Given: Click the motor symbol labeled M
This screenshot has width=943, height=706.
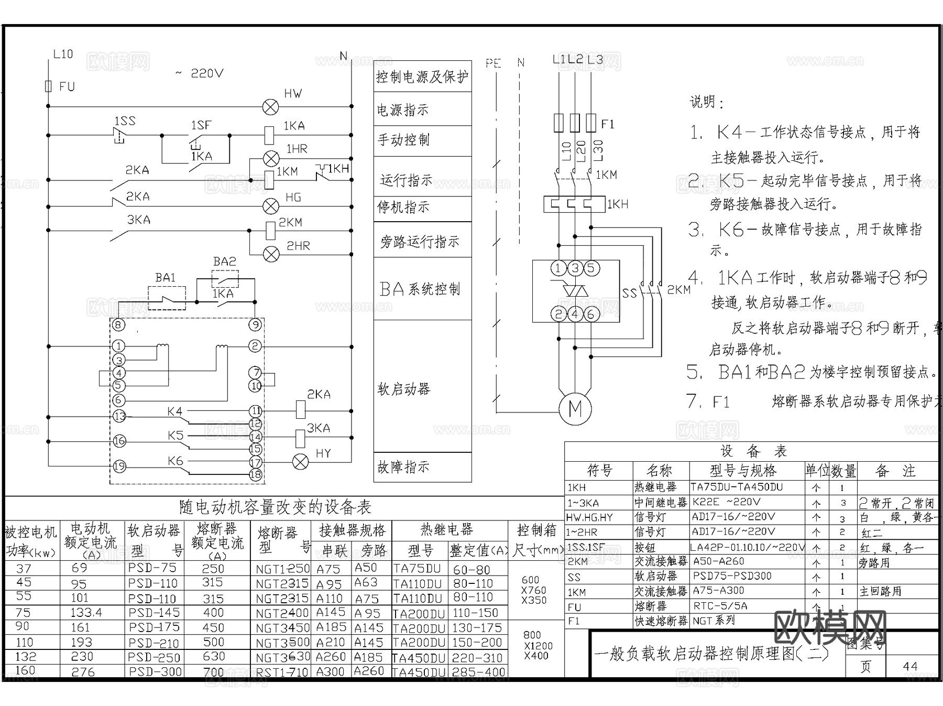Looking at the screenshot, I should click(x=575, y=408).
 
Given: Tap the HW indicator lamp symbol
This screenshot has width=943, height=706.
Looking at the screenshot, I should click(x=270, y=107).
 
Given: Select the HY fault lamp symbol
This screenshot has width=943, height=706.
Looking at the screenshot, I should click(x=300, y=462).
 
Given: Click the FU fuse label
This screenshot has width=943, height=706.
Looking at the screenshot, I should click(x=67, y=86).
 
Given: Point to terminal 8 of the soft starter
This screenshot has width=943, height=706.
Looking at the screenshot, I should click(x=119, y=325).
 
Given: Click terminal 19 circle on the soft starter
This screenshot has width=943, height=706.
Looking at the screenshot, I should click(x=119, y=465).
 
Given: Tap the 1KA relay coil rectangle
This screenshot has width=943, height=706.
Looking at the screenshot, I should click(x=269, y=135).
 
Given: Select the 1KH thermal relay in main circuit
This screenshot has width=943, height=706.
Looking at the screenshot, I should click(x=574, y=204).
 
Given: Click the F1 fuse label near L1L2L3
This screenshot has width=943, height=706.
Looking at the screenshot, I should click(x=607, y=124).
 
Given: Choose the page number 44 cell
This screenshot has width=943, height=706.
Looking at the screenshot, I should click(x=911, y=666).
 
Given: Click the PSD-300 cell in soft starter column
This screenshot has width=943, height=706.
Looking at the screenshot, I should click(x=155, y=671).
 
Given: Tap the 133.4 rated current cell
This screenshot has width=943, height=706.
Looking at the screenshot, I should click(x=86, y=612).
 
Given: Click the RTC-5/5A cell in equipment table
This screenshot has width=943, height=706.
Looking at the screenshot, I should click(x=720, y=606).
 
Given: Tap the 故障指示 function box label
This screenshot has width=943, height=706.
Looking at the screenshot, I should click(x=403, y=466).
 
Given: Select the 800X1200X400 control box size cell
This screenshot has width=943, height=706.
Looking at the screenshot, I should click(x=536, y=645).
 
